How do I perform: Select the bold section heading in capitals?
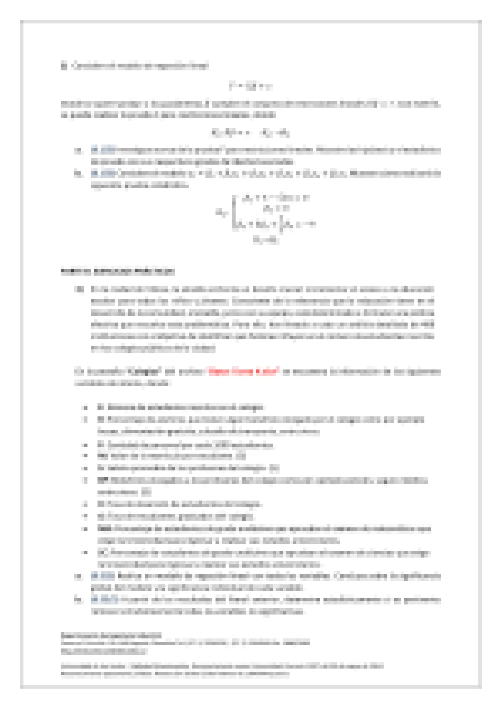click(118, 271)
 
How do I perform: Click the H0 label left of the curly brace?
click(221, 212)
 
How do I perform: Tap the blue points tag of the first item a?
click(102, 150)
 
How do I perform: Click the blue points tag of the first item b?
click(102, 173)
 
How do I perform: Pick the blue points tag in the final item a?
click(102, 576)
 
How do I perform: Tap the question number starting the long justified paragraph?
click(79, 289)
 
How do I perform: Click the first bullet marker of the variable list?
click(85, 407)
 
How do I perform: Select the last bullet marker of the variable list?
click(85, 553)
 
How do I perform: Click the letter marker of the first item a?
click(77, 150)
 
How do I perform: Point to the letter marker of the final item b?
click(77, 600)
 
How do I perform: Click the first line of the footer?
click(110, 635)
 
